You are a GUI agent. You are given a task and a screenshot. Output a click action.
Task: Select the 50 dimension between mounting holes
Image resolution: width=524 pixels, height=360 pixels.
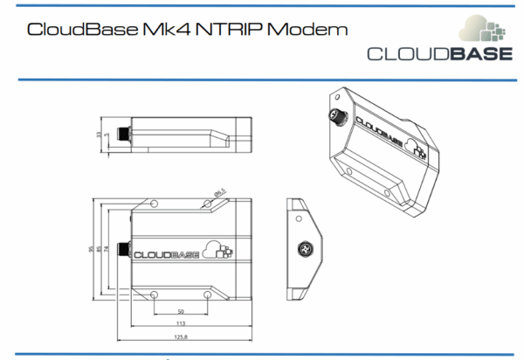click(181, 310)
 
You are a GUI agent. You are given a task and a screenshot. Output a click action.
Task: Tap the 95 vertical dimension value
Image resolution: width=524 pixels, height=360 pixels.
click(92, 251)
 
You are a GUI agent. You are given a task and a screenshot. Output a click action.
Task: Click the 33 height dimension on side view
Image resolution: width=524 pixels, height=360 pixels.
click(99, 134)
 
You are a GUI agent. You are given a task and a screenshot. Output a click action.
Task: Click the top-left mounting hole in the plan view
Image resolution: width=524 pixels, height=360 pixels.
click(155, 203)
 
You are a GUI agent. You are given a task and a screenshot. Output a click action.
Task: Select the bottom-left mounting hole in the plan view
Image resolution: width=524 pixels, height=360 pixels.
click(155, 294)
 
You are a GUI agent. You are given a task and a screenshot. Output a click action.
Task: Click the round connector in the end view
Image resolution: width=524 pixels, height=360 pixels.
click(306, 249)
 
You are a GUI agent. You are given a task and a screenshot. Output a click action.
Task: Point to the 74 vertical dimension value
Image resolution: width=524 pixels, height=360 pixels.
click(108, 250)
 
